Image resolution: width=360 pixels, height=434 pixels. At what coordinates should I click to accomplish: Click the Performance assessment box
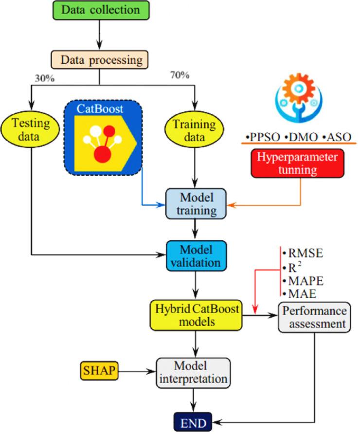314,317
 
